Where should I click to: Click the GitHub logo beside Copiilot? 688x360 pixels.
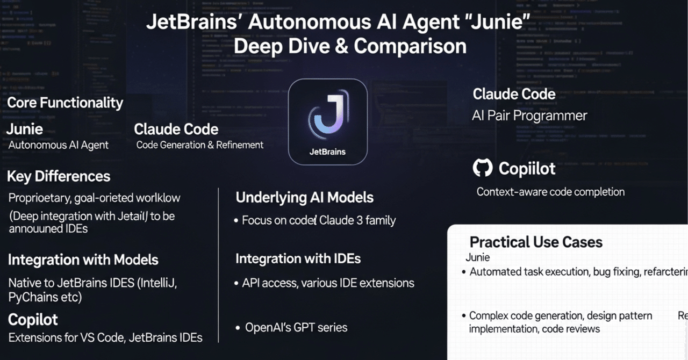coord(483,168)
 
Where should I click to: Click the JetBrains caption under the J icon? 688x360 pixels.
coord(327,152)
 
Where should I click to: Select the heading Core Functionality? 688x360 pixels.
coord(65,103)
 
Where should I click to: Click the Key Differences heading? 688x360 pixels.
coord(59,176)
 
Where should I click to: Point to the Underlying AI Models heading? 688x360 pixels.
coord(304,197)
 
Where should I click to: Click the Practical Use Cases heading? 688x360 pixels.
coord(536,242)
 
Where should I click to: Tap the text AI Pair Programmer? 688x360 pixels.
coord(529,116)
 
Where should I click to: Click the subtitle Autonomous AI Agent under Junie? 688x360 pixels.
coord(59,145)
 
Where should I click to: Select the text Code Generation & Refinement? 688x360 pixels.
coord(200,145)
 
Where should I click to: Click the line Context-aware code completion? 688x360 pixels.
coord(550,192)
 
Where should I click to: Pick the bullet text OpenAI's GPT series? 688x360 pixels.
coord(296,327)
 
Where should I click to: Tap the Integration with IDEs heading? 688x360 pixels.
coord(298,258)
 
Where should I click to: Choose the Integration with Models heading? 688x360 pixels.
coord(83,260)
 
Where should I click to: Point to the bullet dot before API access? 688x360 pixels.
coord(237,283)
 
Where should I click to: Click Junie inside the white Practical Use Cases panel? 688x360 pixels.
coord(477,257)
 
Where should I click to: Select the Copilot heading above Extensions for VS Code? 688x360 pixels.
coord(33,320)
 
